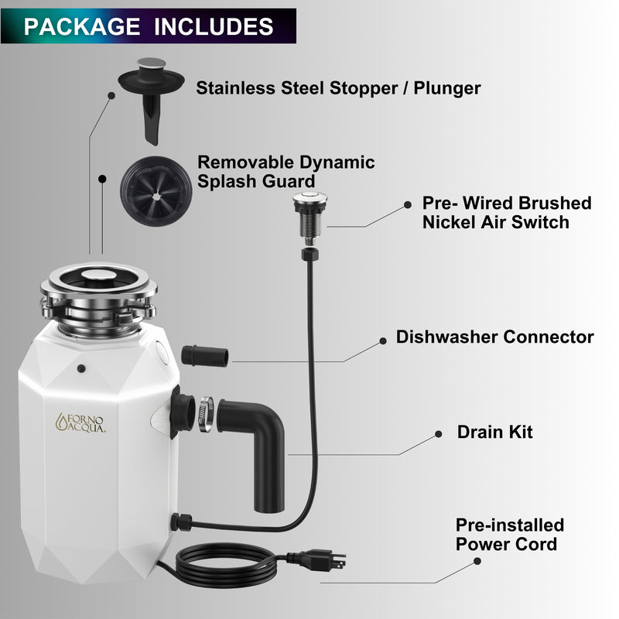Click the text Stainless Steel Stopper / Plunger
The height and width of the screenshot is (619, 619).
pyautogui.click(x=338, y=87)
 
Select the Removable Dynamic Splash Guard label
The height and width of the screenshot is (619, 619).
pyautogui.click(x=286, y=171)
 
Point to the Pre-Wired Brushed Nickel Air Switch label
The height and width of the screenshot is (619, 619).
pyautogui.click(x=506, y=213)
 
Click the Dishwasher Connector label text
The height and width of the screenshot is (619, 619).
pyautogui.click(x=494, y=337)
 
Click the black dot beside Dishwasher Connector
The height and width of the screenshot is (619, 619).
pyautogui.click(x=381, y=340)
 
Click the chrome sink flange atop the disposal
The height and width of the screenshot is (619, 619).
pyautogui.click(x=99, y=286)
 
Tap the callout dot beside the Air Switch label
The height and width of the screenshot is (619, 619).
pyautogui.click(x=408, y=205)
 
